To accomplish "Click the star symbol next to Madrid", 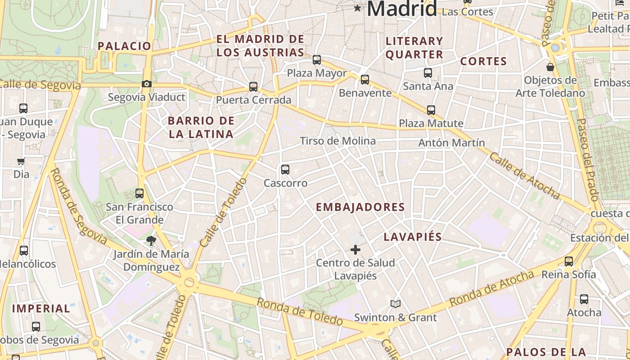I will (x=358, y=8).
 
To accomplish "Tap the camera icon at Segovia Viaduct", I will (x=146, y=84).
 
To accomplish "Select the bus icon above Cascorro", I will (x=285, y=170).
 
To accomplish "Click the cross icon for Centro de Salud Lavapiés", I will (x=355, y=249).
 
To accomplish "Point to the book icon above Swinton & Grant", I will (x=396, y=304).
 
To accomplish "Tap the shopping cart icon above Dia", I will (x=21, y=161).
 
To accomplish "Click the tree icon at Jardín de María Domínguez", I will (x=151, y=240).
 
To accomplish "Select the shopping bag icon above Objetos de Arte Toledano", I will (x=550, y=67).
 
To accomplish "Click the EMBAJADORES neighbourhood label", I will (x=360, y=207).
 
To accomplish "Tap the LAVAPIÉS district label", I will (x=413, y=237).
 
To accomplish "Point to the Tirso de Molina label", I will (x=337, y=141).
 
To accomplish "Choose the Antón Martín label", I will (x=451, y=143).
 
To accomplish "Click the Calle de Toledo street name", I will (x=224, y=212).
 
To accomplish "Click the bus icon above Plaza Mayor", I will (x=317, y=59).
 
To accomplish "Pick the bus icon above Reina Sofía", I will (x=569, y=261).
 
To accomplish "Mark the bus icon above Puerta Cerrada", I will (x=253, y=86).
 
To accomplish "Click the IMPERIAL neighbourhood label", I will (x=41, y=309).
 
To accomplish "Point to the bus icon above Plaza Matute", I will (x=431, y=110).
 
